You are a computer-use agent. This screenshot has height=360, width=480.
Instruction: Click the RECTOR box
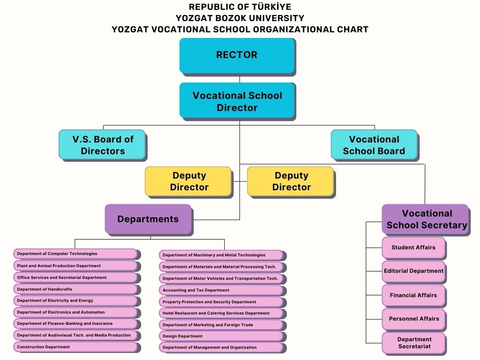[237, 55]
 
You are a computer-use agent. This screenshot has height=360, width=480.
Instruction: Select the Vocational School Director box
[237, 101]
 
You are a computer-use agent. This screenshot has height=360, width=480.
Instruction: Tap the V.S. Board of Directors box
[102, 145]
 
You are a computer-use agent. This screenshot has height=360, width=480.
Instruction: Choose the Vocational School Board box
[374, 145]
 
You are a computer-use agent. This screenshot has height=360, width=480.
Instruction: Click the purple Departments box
[148, 219]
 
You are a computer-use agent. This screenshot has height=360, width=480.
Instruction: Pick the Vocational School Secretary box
[426, 219]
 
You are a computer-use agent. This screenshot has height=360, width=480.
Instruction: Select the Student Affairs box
[413, 247]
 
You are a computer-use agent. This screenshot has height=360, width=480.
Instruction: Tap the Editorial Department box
[413, 271]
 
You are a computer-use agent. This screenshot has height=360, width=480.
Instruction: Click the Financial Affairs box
[413, 295]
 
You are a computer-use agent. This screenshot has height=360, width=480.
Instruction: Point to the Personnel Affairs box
[413, 319]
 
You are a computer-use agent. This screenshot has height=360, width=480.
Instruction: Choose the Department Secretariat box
[413, 343]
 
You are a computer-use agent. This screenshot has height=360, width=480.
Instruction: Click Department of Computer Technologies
[75, 254]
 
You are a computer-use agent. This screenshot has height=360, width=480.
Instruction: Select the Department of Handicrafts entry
[75, 289]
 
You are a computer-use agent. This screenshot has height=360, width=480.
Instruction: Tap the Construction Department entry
[75, 347]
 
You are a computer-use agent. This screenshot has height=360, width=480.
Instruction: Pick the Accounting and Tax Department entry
[221, 290]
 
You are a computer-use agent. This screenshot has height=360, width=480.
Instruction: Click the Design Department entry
[221, 336]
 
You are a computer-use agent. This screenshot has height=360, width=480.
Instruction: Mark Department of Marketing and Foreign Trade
[221, 324]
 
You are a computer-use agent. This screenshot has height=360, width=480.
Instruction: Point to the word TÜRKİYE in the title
[274, 7]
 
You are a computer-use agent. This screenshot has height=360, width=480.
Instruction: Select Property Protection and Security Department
[221, 302]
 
